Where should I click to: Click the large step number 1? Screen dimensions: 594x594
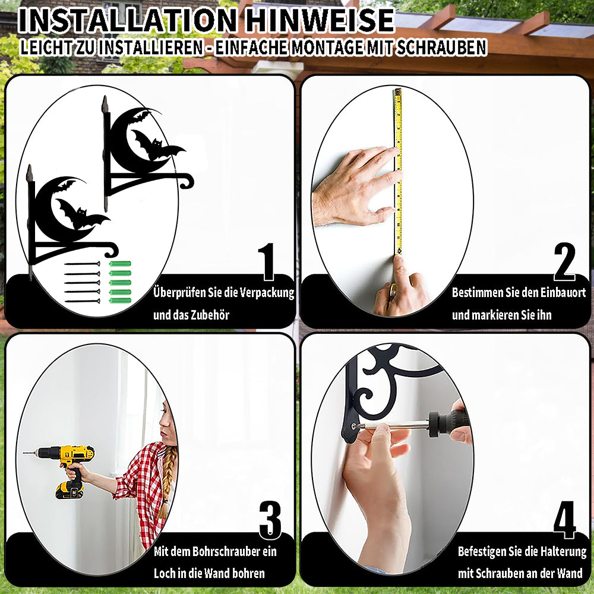(267, 261)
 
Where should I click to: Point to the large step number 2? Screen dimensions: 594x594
(564, 261)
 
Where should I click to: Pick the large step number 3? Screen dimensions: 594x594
(270, 520)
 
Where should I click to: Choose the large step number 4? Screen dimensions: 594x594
(564, 520)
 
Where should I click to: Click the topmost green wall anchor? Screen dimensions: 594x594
(120, 264)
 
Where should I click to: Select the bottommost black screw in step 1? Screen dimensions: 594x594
(82, 301)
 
